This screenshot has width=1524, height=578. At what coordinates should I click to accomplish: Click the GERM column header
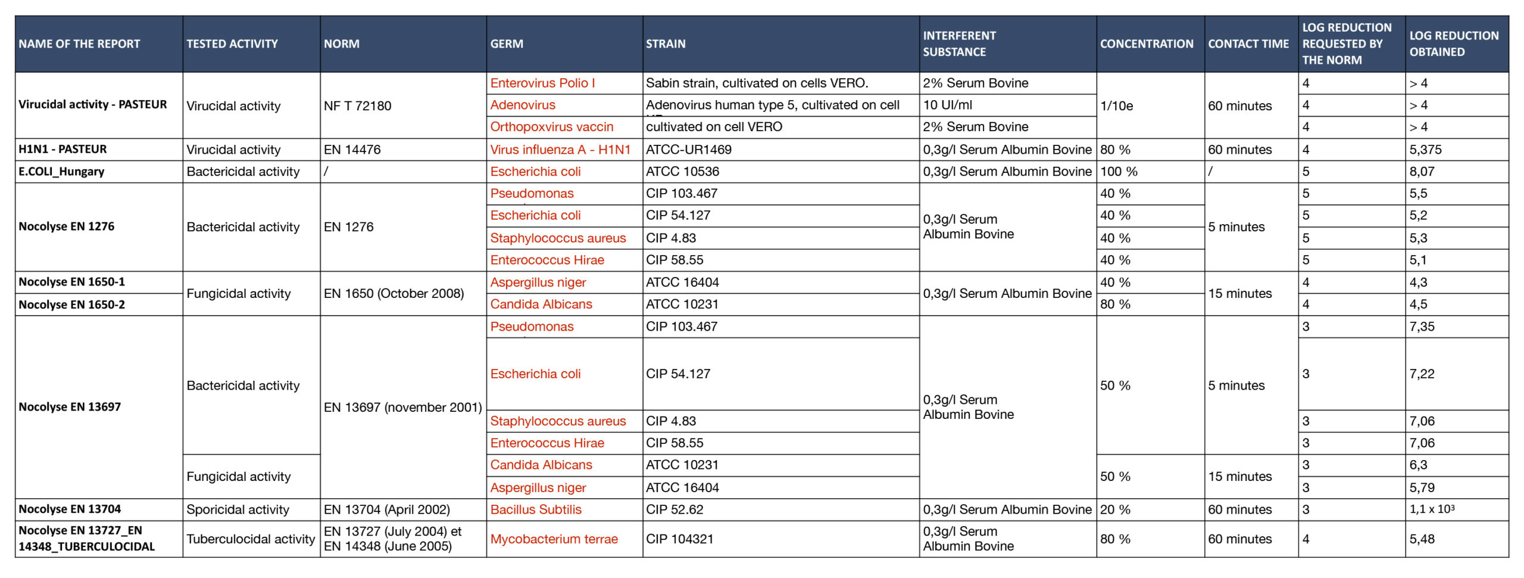[507, 44]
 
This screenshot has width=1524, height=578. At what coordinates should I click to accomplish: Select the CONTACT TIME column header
[1248, 44]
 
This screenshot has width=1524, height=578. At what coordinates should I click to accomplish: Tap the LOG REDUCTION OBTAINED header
[1453, 44]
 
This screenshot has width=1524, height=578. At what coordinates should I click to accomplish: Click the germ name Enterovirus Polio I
[542, 83]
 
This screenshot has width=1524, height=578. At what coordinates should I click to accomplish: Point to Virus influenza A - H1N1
[560, 150]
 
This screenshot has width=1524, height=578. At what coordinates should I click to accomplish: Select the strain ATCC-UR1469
[689, 150]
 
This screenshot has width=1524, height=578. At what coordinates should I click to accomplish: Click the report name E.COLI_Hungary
[61, 172]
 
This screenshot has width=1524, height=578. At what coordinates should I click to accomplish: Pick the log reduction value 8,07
[1422, 172]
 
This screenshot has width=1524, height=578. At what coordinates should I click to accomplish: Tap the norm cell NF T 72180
[357, 106]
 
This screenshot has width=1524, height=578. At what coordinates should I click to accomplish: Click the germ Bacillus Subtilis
[536, 509]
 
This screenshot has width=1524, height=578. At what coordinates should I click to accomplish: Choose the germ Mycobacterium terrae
[554, 539]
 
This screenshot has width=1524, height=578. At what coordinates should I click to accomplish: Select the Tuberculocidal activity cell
[250, 539]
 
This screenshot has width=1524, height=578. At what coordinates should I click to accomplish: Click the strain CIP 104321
[679, 539]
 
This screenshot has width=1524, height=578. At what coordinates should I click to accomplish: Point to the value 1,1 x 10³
[1432, 509]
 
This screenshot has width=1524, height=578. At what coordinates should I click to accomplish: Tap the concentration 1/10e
[1116, 106]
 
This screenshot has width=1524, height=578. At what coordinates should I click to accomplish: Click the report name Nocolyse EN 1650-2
[71, 304]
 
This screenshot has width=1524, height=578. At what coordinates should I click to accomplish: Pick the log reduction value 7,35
[1422, 327]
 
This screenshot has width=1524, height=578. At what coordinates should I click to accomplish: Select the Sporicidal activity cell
[238, 509]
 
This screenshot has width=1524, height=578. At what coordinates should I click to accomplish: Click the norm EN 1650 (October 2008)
[394, 293]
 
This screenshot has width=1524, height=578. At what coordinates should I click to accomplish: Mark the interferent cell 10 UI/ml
[947, 105]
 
